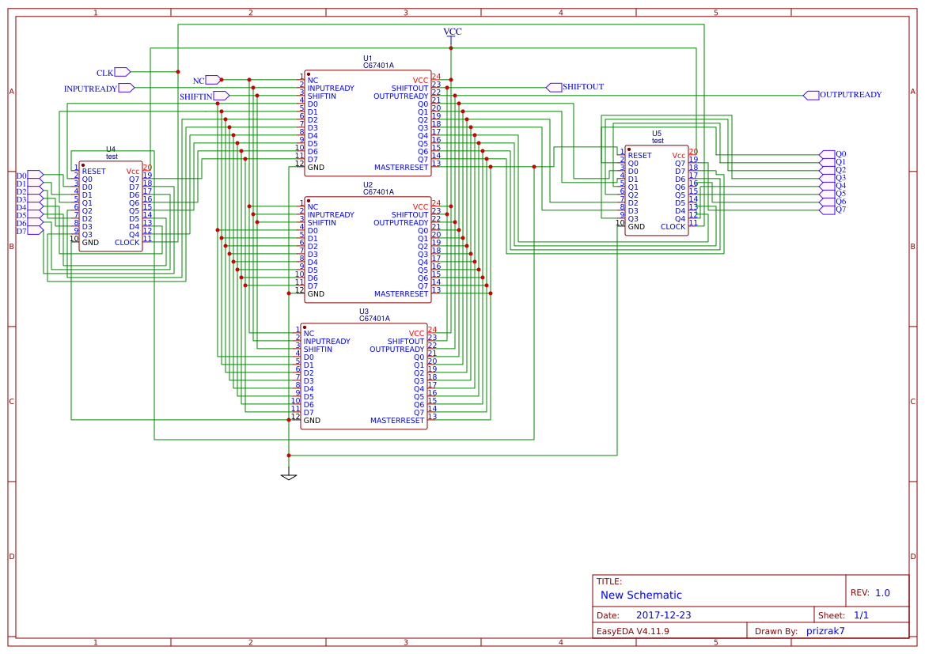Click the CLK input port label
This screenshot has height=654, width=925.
tap(105, 73)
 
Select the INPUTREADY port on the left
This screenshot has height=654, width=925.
tap(91, 89)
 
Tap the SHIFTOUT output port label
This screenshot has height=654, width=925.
tap(583, 87)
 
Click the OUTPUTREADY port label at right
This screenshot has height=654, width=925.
tap(850, 95)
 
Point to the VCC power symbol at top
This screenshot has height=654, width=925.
tap(452, 32)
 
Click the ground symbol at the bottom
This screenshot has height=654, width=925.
tap(289, 477)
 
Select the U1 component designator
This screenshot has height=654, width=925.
tap(368, 59)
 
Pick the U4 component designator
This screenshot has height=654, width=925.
tap(111, 149)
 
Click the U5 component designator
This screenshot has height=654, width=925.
tap(657, 134)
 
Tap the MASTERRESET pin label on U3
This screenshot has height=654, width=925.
tap(397, 421)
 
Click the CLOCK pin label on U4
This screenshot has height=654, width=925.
tap(127, 242)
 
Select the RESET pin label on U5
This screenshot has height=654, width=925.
tap(639, 156)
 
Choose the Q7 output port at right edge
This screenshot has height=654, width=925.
tap(840, 210)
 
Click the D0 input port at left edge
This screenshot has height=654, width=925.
tap(21, 176)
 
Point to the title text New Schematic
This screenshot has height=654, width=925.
tap(641, 595)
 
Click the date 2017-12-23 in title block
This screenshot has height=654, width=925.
tap(663, 615)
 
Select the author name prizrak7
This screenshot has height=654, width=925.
tap(825, 631)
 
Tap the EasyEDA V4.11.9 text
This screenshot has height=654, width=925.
tap(632, 631)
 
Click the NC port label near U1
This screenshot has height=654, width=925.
tap(199, 81)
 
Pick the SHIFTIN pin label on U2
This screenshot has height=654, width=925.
tap(322, 223)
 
